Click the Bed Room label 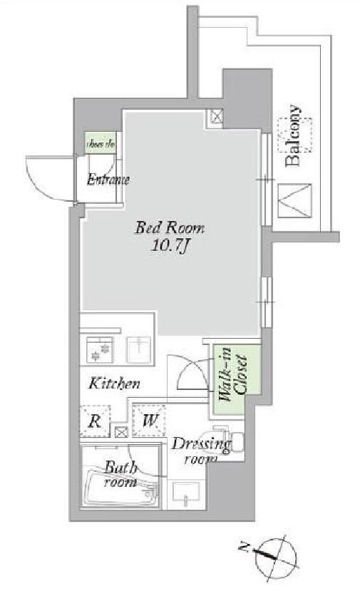[x=170, y=229]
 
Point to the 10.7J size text [x=170, y=247]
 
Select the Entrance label [x=108, y=180]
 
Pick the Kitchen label [x=114, y=384]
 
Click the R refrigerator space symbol [x=94, y=419]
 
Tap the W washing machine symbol [x=149, y=419]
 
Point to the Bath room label [x=121, y=474]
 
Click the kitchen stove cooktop [x=99, y=349]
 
